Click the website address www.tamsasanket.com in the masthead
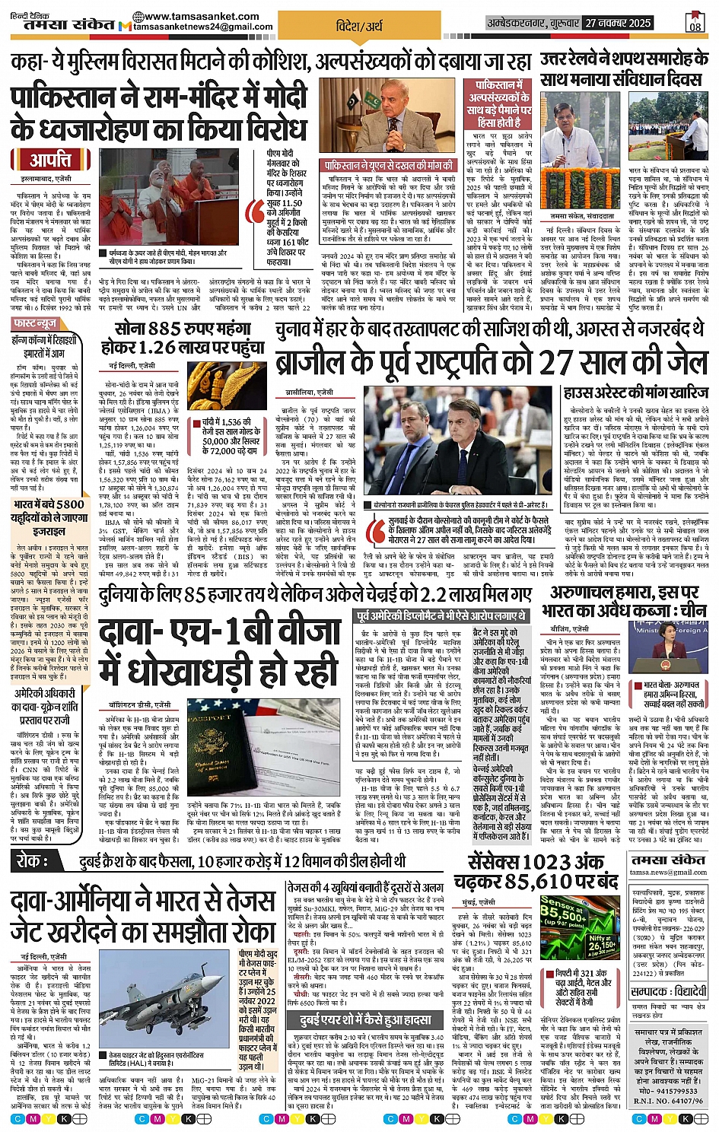(x=191, y=16)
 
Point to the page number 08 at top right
(x=695, y=24)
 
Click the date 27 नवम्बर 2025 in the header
(x=618, y=24)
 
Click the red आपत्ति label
(x=51, y=161)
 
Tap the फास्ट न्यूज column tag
(x=36, y=324)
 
